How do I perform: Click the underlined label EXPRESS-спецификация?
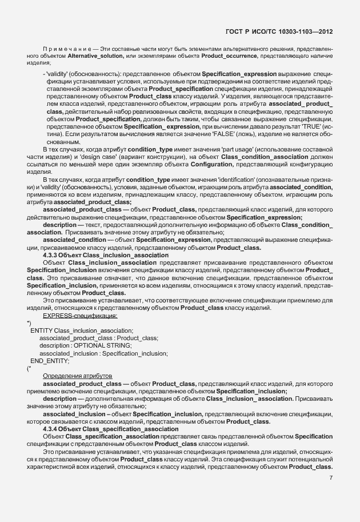(79, 316)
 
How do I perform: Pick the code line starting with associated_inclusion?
(103, 353)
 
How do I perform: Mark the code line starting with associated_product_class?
(98, 338)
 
